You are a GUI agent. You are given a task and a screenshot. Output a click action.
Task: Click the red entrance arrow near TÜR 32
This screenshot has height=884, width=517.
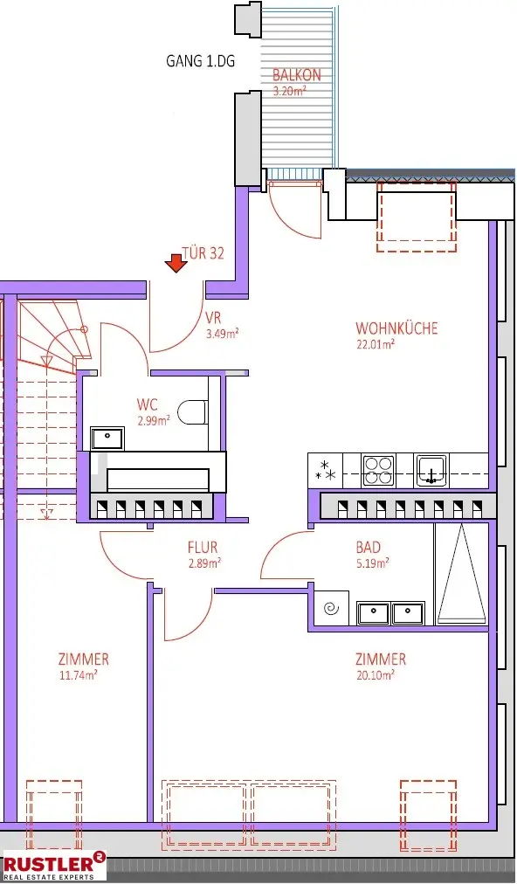tap(176, 262)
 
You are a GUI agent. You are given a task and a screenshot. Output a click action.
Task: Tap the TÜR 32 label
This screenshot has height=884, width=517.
tap(203, 253)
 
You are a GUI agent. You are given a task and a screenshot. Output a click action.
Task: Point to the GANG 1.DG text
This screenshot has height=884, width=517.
tap(200, 61)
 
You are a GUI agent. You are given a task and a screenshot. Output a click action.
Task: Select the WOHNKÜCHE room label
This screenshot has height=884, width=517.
tap(396, 328)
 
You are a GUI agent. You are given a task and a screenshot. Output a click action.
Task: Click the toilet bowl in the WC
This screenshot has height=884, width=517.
tap(192, 411)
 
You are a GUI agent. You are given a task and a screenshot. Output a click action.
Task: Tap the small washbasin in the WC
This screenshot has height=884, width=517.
tap(108, 436)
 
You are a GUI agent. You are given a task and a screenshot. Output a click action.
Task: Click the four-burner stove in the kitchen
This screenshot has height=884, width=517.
tap(379, 470)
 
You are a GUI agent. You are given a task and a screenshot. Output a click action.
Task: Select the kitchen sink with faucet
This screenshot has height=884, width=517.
tap(431, 469)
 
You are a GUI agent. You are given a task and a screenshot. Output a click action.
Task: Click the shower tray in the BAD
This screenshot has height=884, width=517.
tap(460, 574)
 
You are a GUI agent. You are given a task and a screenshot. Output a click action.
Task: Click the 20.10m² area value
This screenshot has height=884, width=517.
tap(376, 674)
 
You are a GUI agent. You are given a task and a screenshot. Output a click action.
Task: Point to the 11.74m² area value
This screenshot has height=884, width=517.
tap(79, 674)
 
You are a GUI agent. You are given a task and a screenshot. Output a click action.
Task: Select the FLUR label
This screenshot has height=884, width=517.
tap(202, 548)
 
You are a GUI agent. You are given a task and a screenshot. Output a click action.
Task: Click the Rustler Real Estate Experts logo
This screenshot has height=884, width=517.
tap(53, 865)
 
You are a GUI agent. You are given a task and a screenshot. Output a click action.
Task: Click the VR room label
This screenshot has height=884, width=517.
tap(213, 318)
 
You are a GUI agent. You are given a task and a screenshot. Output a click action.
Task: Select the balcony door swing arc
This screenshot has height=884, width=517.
tap(294, 214)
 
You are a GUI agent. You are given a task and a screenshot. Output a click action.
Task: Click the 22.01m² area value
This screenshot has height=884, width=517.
tap(376, 344)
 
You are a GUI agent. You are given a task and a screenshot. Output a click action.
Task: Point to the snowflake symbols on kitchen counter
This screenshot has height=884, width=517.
tap(326, 470)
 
